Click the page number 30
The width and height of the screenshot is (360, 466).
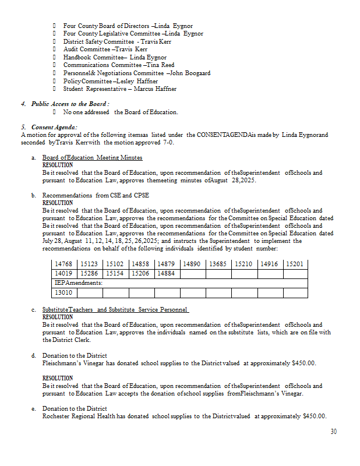click(333, 432)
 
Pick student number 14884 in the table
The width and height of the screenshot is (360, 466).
click(166, 273)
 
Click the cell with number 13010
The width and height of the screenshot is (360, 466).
click(63, 292)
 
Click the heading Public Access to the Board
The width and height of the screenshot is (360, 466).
click(70, 104)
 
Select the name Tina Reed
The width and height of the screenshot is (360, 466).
click(161, 65)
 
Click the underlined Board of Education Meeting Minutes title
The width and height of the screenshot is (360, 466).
click(92, 158)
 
